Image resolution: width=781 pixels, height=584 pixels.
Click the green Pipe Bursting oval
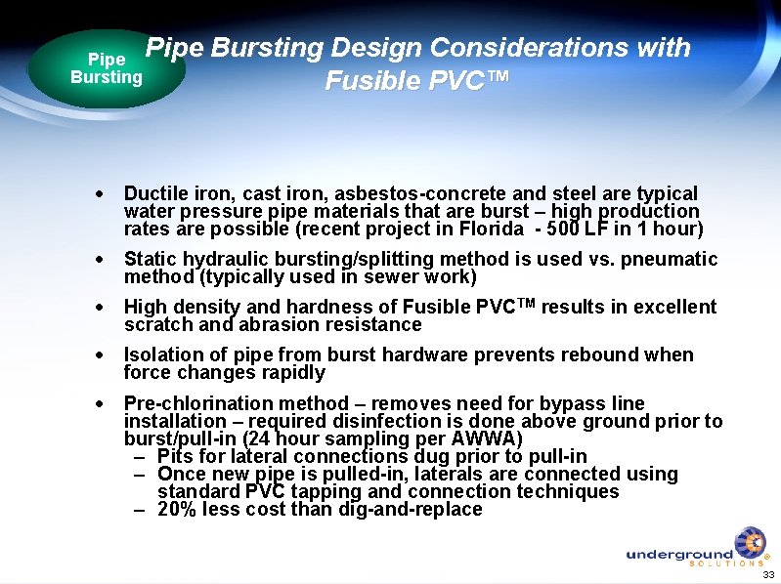point(106,68)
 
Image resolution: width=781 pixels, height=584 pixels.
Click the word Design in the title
point(373,48)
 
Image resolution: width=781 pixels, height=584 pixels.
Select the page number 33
point(767,574)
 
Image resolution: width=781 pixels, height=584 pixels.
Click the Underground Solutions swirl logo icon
point(750,543)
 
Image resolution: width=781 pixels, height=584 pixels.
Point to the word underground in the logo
point(678,555)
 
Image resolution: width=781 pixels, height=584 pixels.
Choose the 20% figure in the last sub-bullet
point(177,509)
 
